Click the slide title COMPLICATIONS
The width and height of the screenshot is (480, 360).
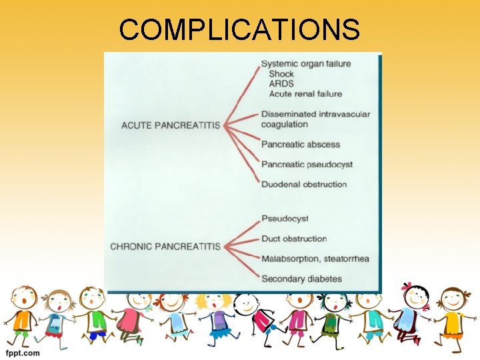[240, 29]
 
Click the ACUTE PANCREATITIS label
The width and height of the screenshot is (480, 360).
[171, 125]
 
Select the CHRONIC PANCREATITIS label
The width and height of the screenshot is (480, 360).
[165, 247]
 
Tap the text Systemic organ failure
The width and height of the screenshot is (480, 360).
[306, 64]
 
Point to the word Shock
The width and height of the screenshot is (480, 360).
[281, 74]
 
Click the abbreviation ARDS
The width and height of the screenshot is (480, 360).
[281, 84]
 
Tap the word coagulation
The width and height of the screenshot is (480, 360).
[285, 124]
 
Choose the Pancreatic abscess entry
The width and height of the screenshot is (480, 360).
[301, 144]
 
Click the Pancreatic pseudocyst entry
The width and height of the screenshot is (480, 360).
[307, 164]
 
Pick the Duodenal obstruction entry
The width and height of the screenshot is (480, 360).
[304, 184]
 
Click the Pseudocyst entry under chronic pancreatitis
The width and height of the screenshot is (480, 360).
[285, 219]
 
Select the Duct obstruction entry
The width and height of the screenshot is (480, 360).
[294, 239]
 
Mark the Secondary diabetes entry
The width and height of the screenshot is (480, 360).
[301, 279]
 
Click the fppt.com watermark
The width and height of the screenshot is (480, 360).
[23, 353]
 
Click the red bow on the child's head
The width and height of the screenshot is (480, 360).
[407, 287]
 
